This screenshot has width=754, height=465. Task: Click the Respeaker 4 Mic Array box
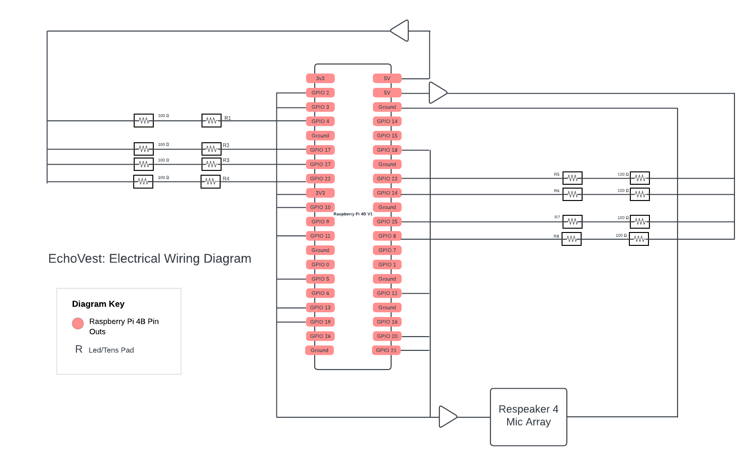coord(528,417)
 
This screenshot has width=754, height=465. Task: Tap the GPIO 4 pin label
coord(320,121)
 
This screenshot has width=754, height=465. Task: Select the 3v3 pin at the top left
coord(320,78)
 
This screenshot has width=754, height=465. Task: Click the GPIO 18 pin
coord(387,150)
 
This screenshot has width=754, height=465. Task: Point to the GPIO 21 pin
coord(386,350)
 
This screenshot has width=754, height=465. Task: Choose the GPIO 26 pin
coord(320,336)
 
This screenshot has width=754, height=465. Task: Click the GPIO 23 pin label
coord(387,179)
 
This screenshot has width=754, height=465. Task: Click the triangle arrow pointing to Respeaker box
coord(447,417)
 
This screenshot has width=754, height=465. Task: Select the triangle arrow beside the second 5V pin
coord(436,93)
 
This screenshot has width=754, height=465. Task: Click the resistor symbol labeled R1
coord(211,120)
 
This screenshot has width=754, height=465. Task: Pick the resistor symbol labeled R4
coord(210,181)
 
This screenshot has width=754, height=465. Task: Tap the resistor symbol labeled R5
coord(572,178)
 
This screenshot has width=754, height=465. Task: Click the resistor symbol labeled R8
coord(571,239)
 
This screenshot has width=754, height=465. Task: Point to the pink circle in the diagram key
coord(78,324)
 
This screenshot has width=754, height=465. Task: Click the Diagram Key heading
coord(98,304)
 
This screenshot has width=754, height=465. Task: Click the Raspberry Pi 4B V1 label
coord(353,214)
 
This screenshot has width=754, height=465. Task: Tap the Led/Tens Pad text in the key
coord(111,350)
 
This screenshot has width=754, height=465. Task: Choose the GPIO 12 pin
coord(387,293)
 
